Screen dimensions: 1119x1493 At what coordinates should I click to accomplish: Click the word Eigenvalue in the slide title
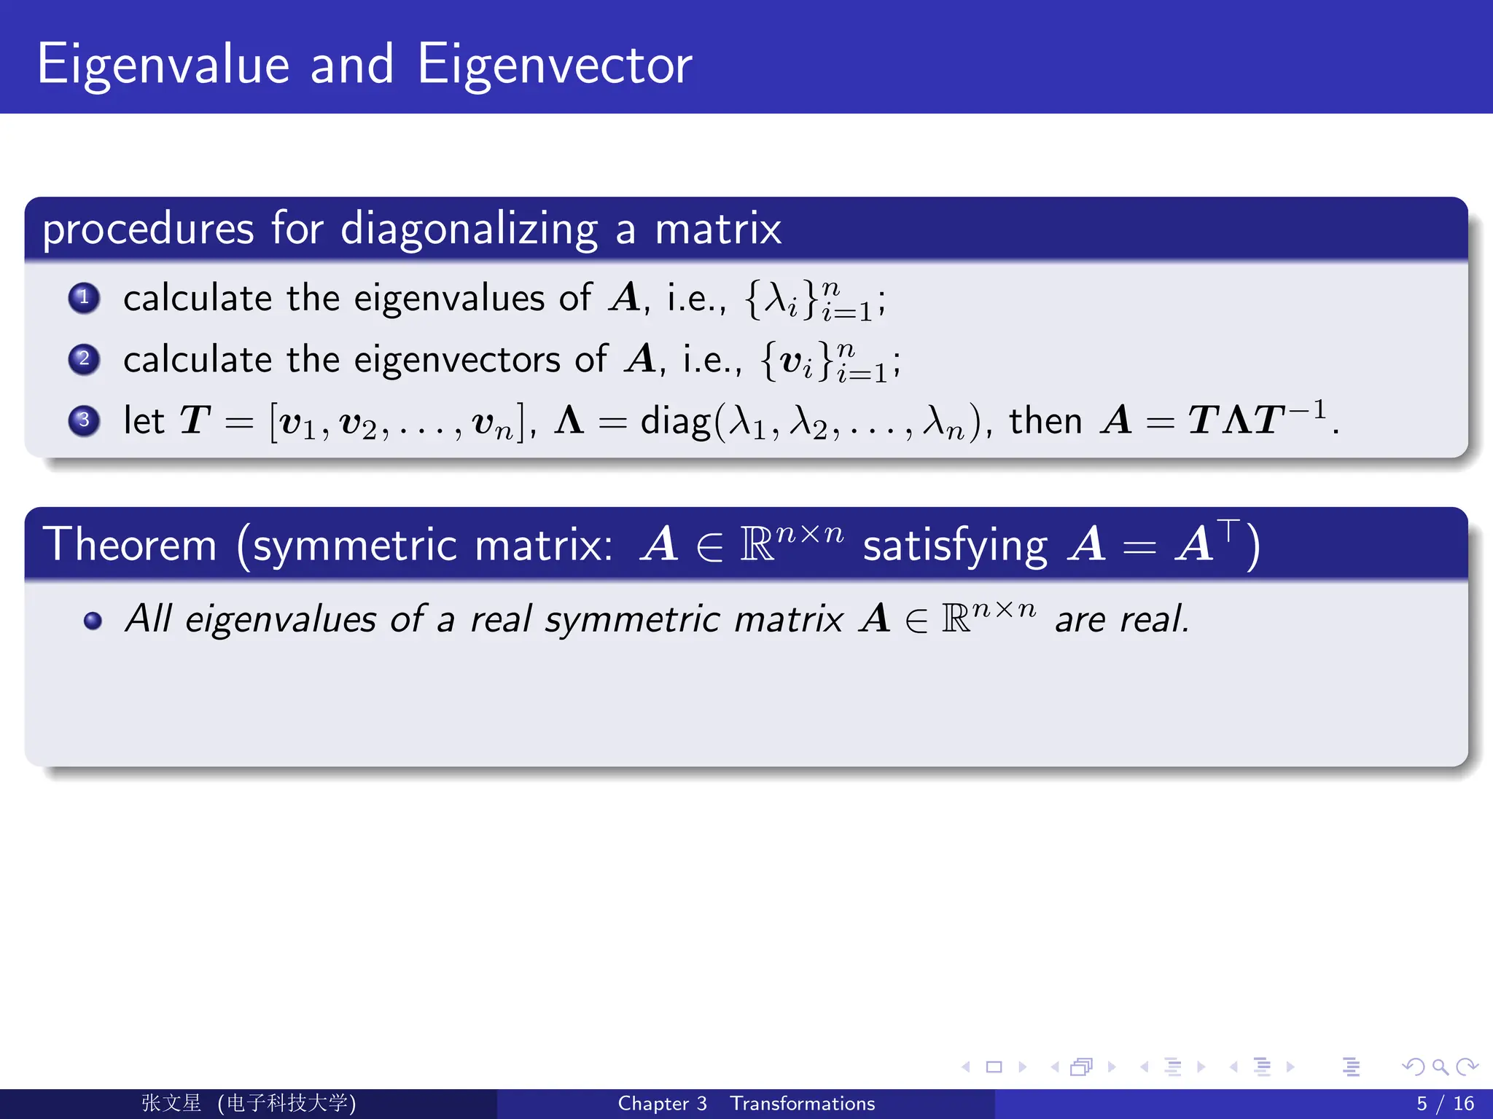pyautogui.click(x=163, y=66)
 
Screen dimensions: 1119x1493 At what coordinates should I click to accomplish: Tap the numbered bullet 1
pyautogui.click(x=84, y=297)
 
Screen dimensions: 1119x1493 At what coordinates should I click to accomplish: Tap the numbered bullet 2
pyautogui.click(x=84, y=358)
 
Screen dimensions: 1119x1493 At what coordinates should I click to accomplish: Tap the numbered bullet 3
pyautogui.click(x=84, y=420)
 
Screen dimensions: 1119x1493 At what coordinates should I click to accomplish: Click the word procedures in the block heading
pyautogui.click(x=148, y=229)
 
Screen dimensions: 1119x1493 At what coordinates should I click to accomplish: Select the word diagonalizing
pyautogui.click(x=469, y=229)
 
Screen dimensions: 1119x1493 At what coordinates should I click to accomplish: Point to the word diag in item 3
pyautogui.click(x=674, y=422)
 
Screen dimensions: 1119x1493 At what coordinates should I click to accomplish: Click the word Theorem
pyautogui.click(x=130, y=545)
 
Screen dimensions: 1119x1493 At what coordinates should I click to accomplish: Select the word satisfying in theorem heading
pyautogui.click(x=954, y=546)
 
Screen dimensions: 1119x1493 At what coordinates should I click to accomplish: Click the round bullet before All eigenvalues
pyautogui.click(x=93, y=620)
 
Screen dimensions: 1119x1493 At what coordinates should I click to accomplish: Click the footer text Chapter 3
pyautogui.click(x=662, y=1104)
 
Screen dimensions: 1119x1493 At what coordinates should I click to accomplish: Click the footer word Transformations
pyautogui.click(x=802, y=1104)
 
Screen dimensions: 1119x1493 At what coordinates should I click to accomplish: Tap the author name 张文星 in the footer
pyautogui.click(x=171, y=1103)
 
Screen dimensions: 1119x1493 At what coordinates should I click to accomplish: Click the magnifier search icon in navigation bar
pyautogui.click(x=1440, y=1067)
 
